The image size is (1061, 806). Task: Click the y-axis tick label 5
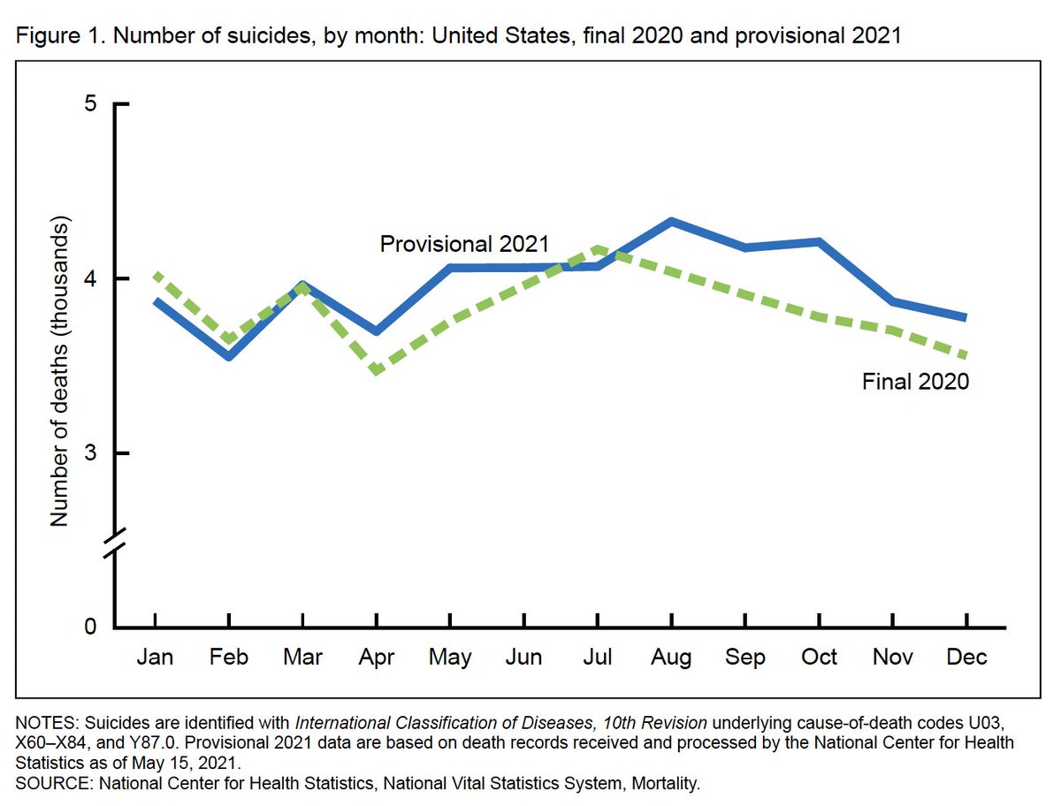90,103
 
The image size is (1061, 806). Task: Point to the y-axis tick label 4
90,278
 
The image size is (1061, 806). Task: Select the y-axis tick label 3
90,453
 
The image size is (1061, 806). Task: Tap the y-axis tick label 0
90,627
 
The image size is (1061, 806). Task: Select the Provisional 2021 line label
465,243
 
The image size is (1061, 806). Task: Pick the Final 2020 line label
916,382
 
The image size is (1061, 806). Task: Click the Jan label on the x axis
156,658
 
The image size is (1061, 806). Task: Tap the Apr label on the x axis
378,658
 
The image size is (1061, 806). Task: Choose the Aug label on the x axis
673,658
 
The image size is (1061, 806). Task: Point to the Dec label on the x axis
967,658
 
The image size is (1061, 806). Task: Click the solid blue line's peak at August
673,221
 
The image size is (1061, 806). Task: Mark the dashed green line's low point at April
378,370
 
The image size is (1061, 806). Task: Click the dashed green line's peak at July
599,249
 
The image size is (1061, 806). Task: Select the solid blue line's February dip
230,356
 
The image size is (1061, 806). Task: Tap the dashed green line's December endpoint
967,356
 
